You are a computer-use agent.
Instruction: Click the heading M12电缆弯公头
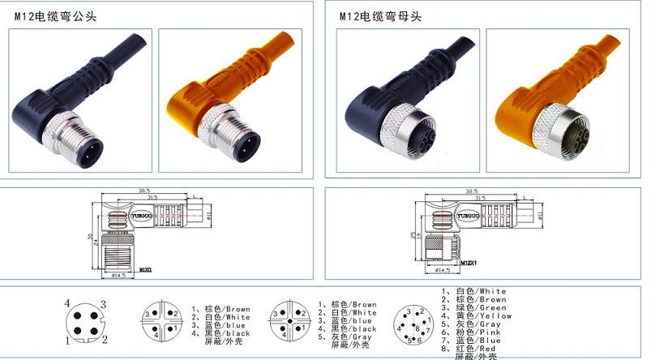tap(54, 15)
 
